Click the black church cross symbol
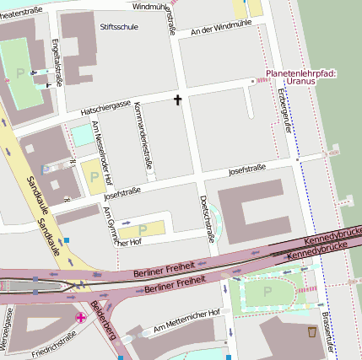pyautogui.click(x=177, y=100)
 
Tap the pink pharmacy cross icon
pyautogui.click(x=80, y=317)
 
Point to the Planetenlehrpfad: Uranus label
pyautogui.click(x=300, y=78)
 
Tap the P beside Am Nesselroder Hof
pyautogui.click(x=93, y=177)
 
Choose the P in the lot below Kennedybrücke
pyautogui.click(x=268, y=291)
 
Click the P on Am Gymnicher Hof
pyautogui.click(x=142, y=229)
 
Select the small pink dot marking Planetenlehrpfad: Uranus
pyautogui.click(x=252, y=81)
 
